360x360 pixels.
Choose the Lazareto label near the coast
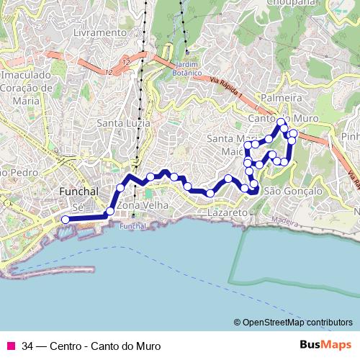coord(228,214)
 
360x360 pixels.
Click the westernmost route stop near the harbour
coord(66,219)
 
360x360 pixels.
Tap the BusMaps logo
coord(325,344)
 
